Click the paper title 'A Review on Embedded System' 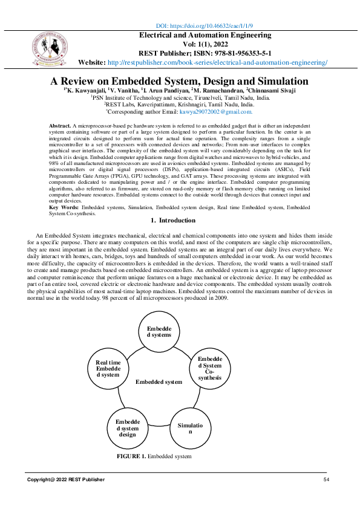(179, 82)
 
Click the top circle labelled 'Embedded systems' (159, 331)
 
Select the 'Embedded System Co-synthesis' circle (210, 368)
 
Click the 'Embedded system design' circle (127, 427)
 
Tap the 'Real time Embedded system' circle (108, 368)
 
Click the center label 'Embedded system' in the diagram (159, 382)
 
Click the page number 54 (326, 479)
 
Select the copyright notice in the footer (65, 479)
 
